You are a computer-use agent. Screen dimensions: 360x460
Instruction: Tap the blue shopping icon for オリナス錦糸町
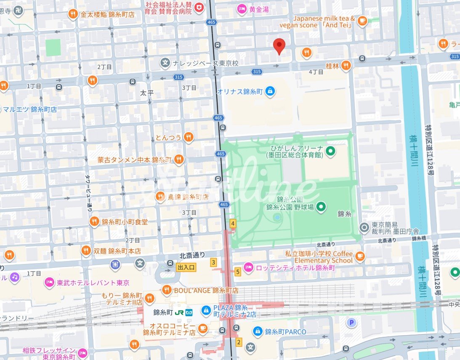point(270,91)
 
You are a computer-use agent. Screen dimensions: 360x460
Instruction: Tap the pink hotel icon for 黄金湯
point(242,8)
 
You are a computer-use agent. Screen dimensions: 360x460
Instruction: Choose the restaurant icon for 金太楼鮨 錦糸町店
point(73,14)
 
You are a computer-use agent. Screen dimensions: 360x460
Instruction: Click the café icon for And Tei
point(362,21)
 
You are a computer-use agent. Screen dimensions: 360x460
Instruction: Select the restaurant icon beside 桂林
point(346,65)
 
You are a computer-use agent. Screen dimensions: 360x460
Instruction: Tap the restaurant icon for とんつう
point(189,137)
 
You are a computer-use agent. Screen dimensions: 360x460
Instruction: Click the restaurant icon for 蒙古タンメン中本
point(179,160)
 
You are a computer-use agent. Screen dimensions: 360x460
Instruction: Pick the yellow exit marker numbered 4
point(232,223)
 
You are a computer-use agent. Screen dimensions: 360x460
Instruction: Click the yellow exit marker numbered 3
point(214,263)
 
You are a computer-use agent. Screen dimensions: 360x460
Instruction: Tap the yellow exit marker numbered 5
point(238,272)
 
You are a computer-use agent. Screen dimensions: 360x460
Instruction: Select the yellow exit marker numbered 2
point(239,342)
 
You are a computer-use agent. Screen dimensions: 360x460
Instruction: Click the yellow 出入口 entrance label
point(186,267)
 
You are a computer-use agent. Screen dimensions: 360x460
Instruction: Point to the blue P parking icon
point(350,323)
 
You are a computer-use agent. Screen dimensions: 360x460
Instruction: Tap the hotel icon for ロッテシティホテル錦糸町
point(249,267)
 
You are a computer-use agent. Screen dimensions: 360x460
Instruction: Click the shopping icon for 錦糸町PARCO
point(258,332)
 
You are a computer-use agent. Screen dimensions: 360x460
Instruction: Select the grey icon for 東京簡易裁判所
point(364,228)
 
